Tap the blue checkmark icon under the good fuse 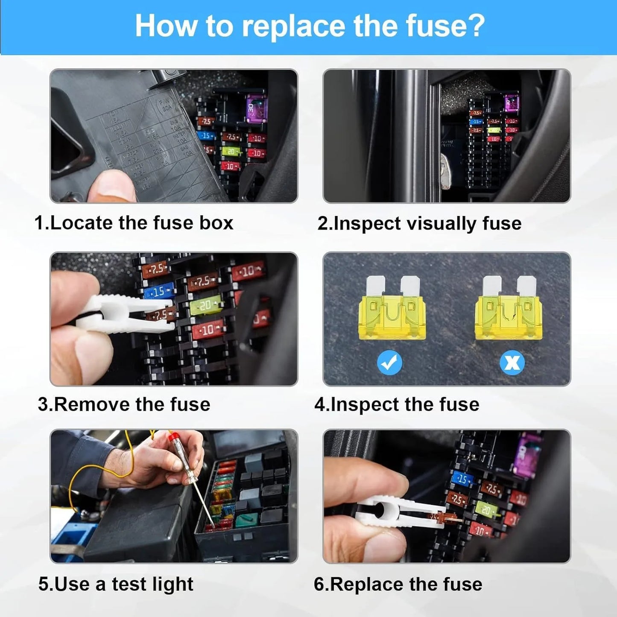point(389,363)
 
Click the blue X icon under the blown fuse point(512,363)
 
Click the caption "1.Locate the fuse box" point(134,223)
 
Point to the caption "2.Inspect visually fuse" point(419,223)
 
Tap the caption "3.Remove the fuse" point(124,404)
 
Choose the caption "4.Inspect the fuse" point(397,404)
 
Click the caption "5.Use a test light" point(116,584)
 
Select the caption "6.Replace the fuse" point(398,584)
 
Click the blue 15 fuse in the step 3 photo point(159,292)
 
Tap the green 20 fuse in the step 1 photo point(231,151)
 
